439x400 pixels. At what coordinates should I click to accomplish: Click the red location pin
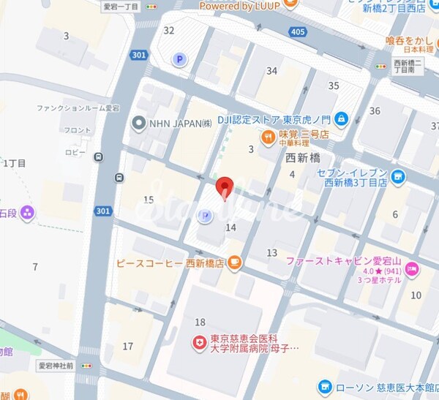click(x=226, y=186)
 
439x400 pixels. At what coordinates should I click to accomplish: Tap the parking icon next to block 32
click(x=178, y=59)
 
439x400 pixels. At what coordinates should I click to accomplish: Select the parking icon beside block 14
click(x=206, y=215)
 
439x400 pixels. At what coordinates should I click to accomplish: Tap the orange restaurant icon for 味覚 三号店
click(x=269, y=135)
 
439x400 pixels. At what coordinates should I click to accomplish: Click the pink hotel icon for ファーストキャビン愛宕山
click(x=411, y=270)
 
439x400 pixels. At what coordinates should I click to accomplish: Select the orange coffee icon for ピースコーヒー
click(x=234, y=263)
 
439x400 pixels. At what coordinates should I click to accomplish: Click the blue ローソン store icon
click(x=325, y=386)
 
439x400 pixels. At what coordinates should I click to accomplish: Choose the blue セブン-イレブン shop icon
click(x=397, y=176)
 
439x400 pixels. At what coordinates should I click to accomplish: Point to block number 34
click(x=272, y=71)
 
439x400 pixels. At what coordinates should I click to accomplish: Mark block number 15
click(x=149, y=200)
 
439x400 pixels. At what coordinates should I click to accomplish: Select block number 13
click(x=271, y=253)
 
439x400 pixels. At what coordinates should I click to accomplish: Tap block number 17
click(x=128, y=346)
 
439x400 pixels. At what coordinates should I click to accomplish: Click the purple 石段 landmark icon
click(x=28, y=213)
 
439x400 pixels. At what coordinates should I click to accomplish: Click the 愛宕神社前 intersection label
click(x=56, y=365)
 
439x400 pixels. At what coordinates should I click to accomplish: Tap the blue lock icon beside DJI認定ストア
click(x=342, y=118)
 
